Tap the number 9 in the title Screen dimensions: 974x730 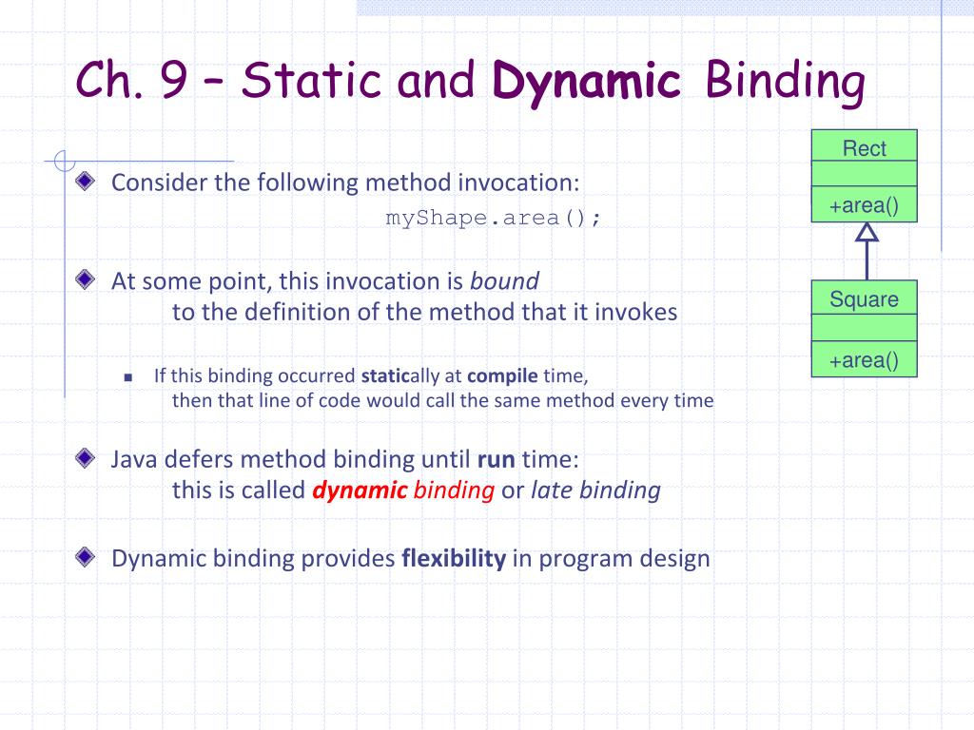(173, 79)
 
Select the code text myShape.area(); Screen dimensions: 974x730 (494, 218)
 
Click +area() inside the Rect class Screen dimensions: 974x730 (864, 205)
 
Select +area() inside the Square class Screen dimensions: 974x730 (864, 360)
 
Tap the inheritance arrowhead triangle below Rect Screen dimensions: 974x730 (867, 232)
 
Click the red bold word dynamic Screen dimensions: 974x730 (360, 490)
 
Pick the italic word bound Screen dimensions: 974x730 (504, 281)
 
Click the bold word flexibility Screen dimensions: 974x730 (454, 558)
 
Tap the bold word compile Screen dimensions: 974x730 (502, 376)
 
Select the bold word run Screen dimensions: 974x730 (497, 460)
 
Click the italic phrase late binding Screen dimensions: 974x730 (595, 490)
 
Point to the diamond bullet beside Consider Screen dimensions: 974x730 (85, 182)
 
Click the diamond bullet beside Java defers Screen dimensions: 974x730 (85, 458)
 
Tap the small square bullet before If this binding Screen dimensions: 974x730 (128, 376)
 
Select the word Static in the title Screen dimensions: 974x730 (311, 80)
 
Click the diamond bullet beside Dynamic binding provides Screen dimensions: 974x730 (85, 557)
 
